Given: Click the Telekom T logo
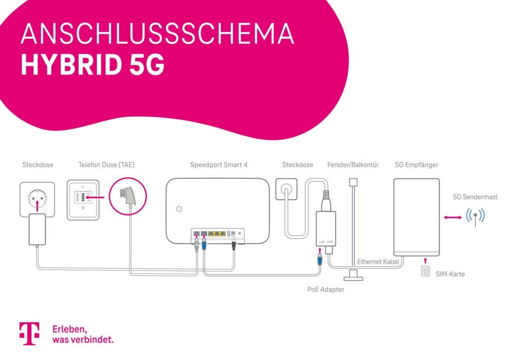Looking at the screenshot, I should [x=29, y=334].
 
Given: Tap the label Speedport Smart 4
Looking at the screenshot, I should [x=218, y=165].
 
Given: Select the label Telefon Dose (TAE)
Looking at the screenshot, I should [x=106, y=165].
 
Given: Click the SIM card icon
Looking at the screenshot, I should [x=425, y=272].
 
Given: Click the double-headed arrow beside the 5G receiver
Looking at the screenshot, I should [x=453, y=217].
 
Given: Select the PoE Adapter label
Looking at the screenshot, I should [x=326, y=290].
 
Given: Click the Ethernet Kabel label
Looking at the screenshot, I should [x=378, y=262].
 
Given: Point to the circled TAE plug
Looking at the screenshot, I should [x=128, y=197].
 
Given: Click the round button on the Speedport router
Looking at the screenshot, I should [x=179, y=209].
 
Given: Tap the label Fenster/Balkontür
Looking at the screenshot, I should [x=353, y=165].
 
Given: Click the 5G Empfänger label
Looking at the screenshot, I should [x=416, y=165].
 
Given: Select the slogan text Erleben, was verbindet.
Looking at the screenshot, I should [x=83, y=334].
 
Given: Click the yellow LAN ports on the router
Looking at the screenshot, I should [x=216, y=233].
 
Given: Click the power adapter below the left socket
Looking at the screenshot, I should [x=37, y=229].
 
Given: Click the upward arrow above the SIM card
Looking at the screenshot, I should [x=425, y=261].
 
